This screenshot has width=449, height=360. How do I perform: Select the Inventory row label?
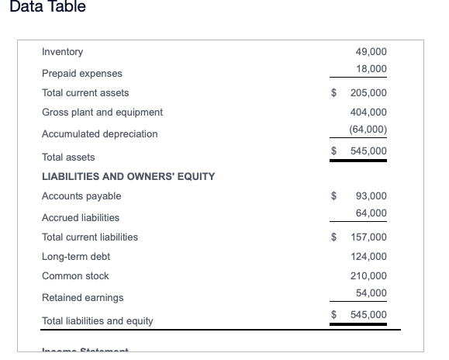[62, 52]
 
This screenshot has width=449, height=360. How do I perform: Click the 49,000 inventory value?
[371, 52]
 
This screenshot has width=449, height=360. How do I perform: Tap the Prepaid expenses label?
[81, 73]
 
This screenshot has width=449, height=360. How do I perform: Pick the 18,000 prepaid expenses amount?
[371, 70]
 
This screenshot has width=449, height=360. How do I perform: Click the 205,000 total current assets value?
[368, 93]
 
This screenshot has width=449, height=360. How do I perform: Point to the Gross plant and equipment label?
[102, 112]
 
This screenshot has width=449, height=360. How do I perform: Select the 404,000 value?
[368, 112]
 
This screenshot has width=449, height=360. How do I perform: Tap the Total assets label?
[68, 157]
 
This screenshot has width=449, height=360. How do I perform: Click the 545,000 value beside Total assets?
[368, 151]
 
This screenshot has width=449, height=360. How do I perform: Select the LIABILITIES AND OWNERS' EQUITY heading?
[128, 176]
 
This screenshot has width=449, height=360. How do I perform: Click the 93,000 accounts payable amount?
[371, 196]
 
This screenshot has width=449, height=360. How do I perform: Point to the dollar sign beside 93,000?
[334, 196]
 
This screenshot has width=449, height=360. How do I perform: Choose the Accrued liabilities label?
[80, 217]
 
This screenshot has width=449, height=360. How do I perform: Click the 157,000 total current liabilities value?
[368, 237]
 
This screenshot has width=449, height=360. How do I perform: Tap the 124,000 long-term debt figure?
[368, 256]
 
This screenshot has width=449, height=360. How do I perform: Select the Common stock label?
[75, 276]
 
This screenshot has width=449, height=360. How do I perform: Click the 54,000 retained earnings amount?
[371, 292]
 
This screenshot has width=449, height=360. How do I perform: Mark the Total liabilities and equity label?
[97, 320]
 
